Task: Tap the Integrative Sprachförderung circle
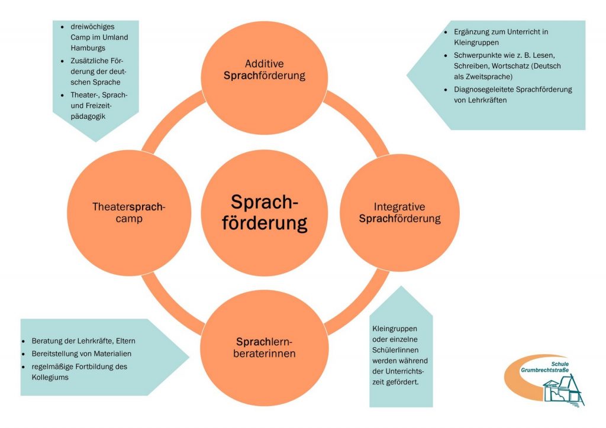[x=401, y=213]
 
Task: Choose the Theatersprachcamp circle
[x=128, y=213]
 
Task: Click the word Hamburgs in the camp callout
[x=81, y=48]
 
